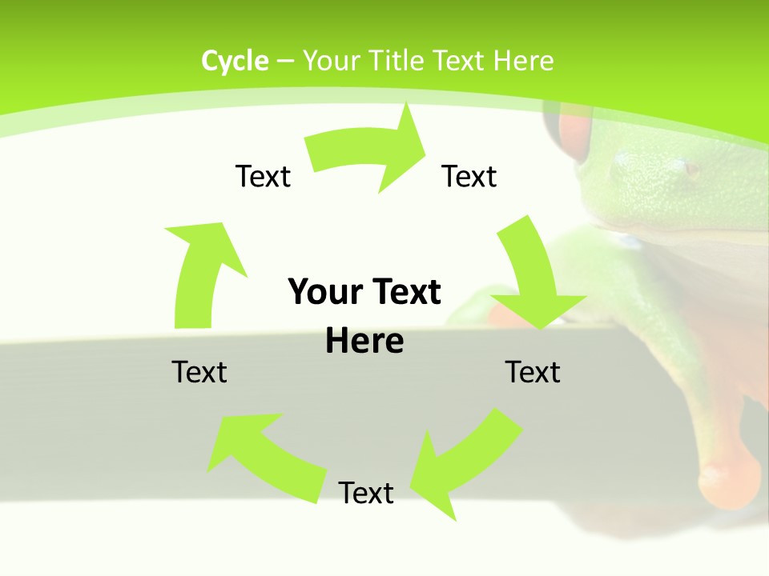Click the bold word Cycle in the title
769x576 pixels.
tap(235, 61)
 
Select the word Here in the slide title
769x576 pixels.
tap(523, 61)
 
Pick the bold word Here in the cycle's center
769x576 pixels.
tap(364, 342)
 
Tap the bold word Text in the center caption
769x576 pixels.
tap(404, 293)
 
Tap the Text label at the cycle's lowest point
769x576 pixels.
tap(366, 493)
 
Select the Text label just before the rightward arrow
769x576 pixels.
tap(263, 176)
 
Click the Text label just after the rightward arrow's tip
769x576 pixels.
tap(469, 176)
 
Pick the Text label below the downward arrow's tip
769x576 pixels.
tap(533, 372)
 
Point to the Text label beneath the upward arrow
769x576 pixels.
tap(199, 372)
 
